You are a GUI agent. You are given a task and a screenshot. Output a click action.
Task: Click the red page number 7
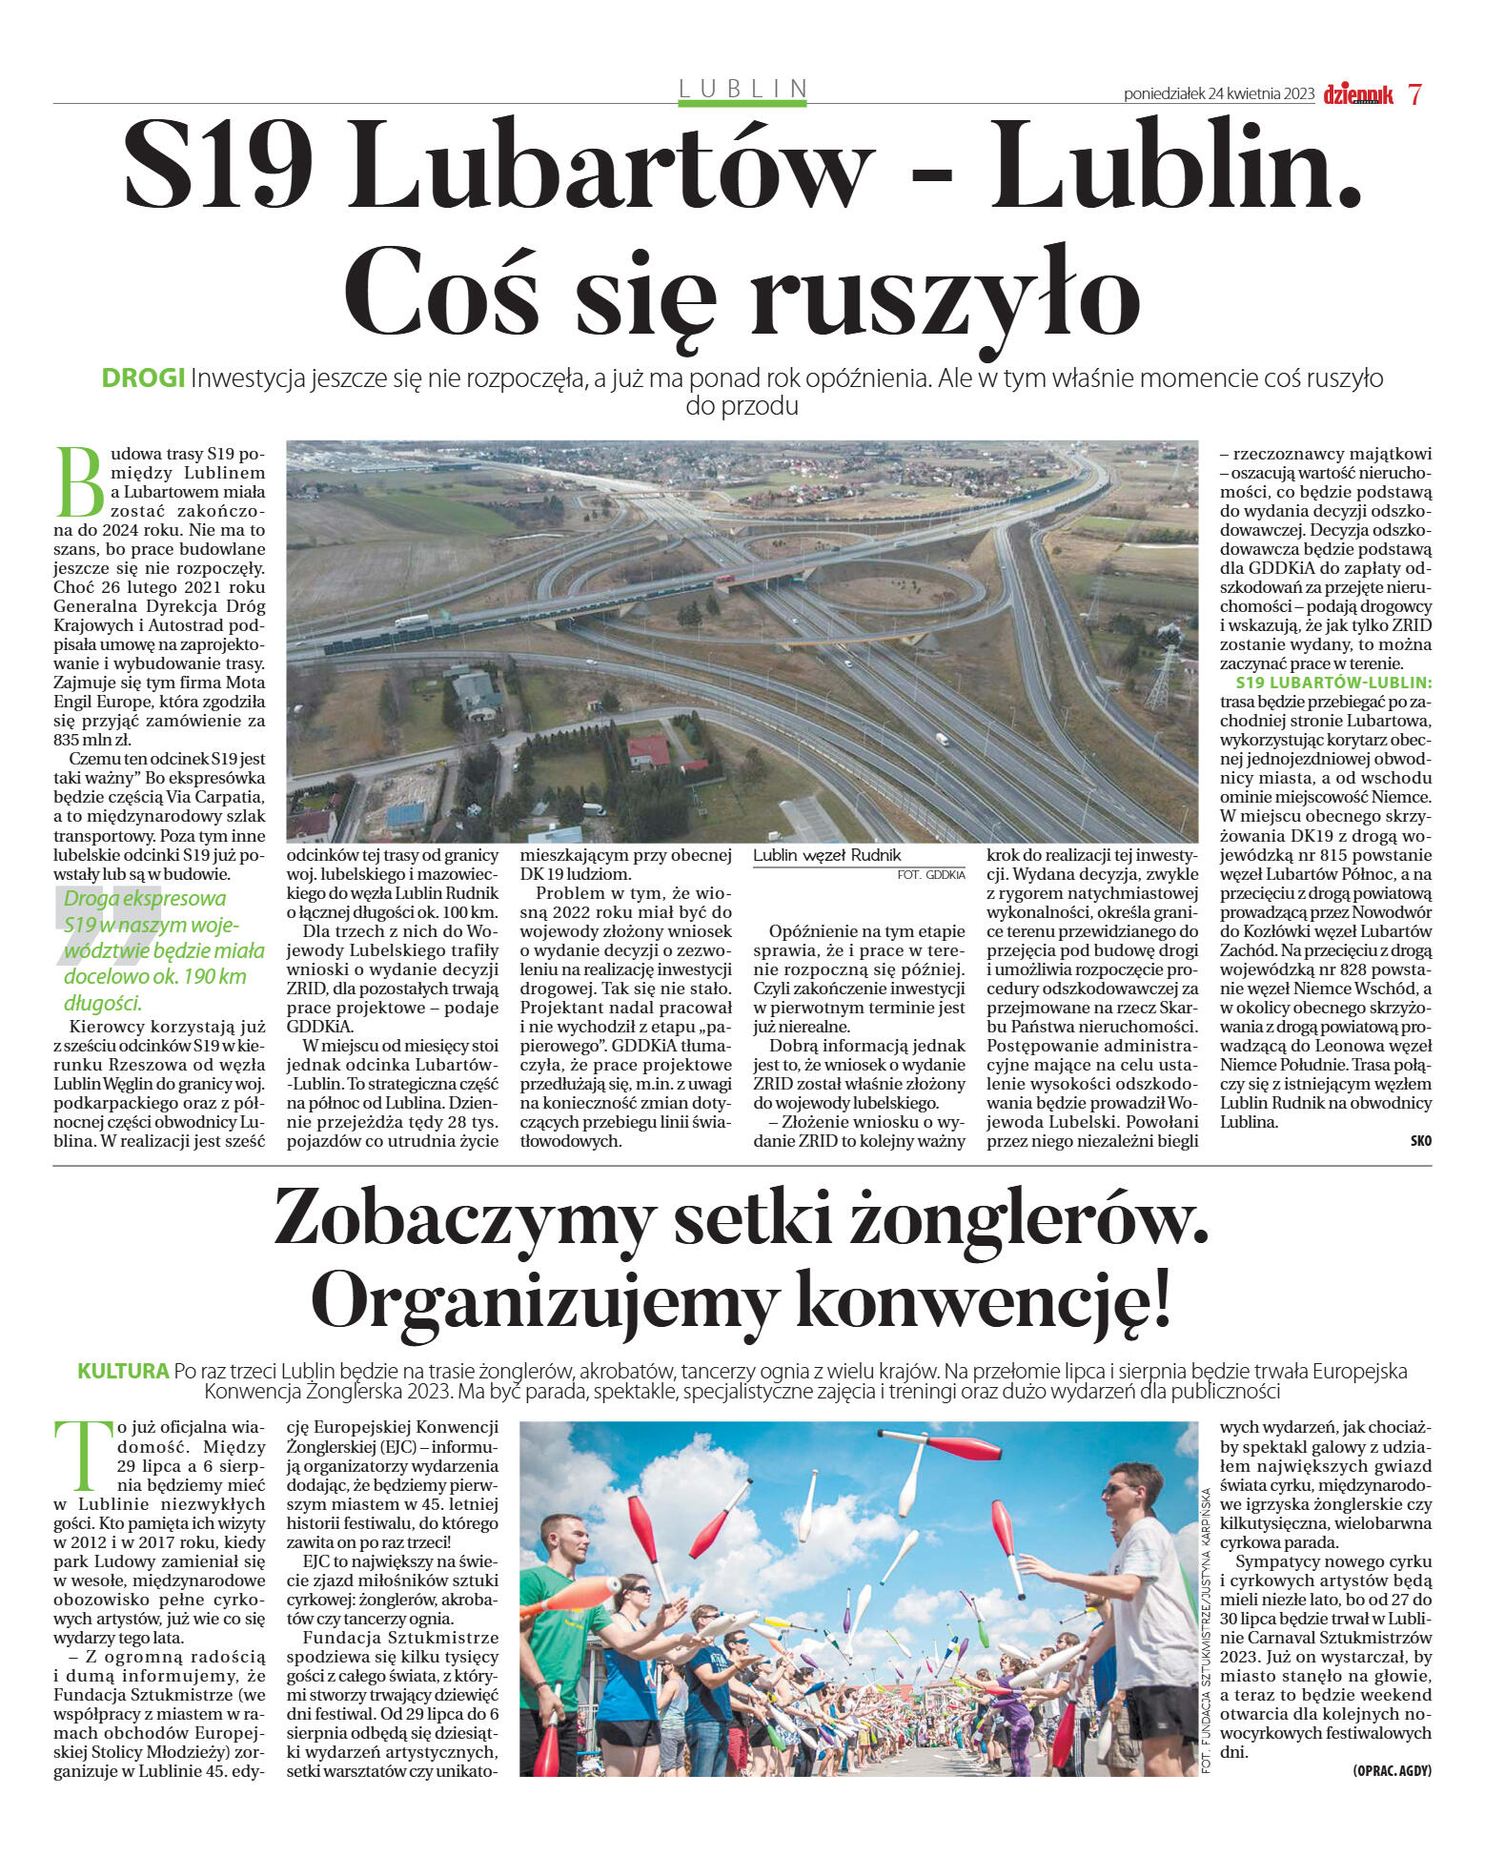(x=1414, y=94)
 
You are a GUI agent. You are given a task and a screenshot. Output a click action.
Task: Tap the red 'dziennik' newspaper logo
(x=1358, y=94)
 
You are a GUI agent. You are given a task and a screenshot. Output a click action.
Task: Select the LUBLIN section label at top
(x=742, y=89)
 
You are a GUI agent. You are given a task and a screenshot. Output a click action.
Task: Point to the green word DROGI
(x=143, y=378)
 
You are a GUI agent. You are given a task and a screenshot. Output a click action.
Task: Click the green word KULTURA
(x=123, y=1371)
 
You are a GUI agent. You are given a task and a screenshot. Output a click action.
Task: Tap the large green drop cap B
(x=80, y=479)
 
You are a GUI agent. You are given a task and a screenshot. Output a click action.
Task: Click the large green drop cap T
(x=78, y=1457)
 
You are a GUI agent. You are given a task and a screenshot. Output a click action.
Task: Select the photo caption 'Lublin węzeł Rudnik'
(x=826, y=855)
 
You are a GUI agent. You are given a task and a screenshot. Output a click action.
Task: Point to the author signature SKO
(x=1420, y=1140)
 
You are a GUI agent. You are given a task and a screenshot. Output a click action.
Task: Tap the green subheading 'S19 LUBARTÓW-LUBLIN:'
(x=1332, y=683)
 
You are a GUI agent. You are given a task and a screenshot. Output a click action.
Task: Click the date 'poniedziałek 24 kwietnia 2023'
(x=1219, y=94)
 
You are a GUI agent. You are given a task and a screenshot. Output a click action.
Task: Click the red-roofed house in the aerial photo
(x=650, y=749)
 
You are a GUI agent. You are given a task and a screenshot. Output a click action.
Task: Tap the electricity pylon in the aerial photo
(x=1163, y=677)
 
